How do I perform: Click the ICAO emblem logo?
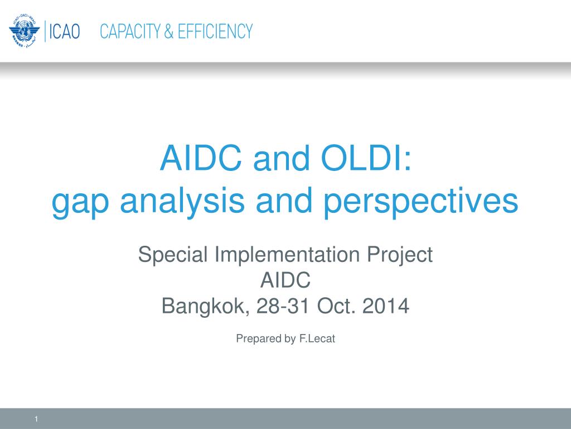click(x=24, y=31)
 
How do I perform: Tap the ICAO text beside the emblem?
click(x=65, y=31)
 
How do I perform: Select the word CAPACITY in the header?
click(x=130, y=31)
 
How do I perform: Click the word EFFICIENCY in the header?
click(x=215, y=31)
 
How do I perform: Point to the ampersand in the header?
click(x=169, y=31)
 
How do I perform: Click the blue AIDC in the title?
click(x=201, y=158)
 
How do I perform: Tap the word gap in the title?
click(x=80, y=202)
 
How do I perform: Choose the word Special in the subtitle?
click(x=173, y=255)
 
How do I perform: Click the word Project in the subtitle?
click(x=400, y=255)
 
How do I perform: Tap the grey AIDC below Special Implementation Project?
click(x=285, y=280)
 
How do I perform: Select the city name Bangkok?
click(x=206, y=306)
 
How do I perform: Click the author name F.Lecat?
click(x=317, y=339)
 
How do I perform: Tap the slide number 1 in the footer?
click(x=36, y=419)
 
